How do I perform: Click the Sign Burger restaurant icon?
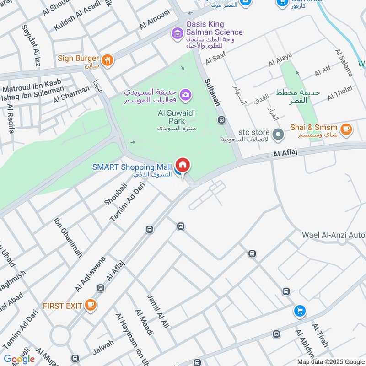coord(108,59)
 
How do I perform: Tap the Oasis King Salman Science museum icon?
coord(177,32)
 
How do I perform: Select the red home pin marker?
coord(183,166)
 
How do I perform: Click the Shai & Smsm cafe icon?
coord(346,130)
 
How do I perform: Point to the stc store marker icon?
coord(278,135)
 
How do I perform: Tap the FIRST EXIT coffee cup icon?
coord(91,305)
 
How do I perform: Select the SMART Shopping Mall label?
coord(132,167)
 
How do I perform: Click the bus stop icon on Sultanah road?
coord(222,120)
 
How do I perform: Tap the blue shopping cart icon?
coord(300,311)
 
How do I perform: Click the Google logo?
coord(19,359)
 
